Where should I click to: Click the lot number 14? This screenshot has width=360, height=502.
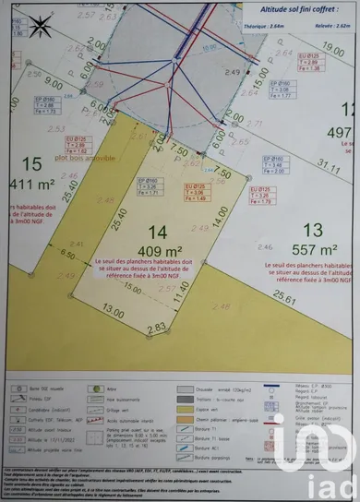point(156,233)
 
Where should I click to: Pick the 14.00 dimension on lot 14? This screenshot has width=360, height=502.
point(220,217)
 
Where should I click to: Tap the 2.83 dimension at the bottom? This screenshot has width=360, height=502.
point(155,328)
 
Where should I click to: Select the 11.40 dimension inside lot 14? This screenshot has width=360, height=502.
point(181,293)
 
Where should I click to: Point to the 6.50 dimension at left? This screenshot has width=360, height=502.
point(66,253)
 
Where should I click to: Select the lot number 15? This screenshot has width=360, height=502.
point(31,163)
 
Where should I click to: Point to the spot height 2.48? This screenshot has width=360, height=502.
point(221,306)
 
